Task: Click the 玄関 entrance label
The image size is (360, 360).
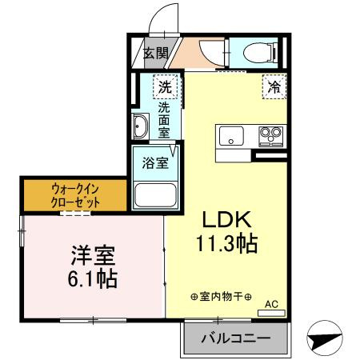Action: click(x=156, y=54)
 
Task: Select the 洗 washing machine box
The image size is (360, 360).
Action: click(x=165, y=86)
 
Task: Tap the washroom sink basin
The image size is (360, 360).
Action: click(x=141, y=126)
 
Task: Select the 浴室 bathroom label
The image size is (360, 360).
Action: click(x=155, y=163)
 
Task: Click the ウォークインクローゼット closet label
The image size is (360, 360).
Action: click(x=75, y=196)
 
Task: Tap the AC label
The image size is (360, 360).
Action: click(x=270, y=302)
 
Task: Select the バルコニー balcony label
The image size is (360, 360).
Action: click(x=234, y=338)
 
